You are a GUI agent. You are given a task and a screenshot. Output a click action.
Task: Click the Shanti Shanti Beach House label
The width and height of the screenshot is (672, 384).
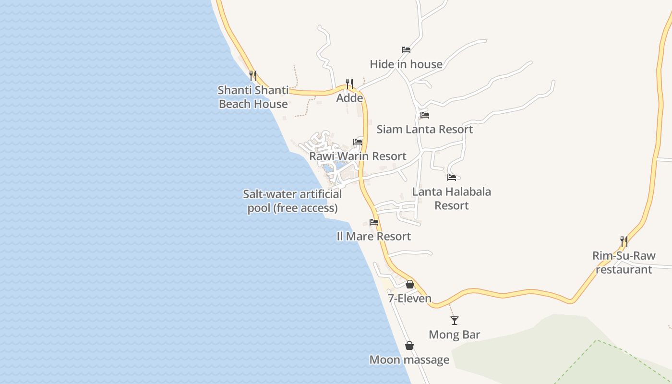click(253, 97)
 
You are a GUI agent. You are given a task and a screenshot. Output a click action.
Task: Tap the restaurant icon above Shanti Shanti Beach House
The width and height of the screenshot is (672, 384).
click(253, 75)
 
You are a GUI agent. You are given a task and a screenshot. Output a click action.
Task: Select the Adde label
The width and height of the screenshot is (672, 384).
click(349, 98)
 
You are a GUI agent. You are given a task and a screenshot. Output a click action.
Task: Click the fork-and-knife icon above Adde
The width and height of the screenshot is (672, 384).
click(349, 84)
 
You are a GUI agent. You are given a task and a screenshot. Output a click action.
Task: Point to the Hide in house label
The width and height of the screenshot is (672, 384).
click(406, 64)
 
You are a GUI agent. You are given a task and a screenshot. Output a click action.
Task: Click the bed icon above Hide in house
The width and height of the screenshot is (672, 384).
click(406, 50)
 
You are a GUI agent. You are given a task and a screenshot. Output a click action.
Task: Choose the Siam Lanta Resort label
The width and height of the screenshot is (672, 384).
click(425, 129)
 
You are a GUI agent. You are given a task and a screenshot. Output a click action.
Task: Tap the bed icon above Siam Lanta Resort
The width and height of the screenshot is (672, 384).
click(425, 115)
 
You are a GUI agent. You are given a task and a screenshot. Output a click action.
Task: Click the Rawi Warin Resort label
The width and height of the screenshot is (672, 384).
click(358, 156)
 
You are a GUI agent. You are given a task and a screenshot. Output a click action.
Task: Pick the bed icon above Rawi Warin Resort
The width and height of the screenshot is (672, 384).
click(358, 142)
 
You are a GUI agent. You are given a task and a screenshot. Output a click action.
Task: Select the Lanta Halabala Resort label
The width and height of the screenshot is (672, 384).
click(452, 198)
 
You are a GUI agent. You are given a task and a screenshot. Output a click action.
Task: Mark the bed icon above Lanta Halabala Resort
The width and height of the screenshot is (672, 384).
click(452, 178)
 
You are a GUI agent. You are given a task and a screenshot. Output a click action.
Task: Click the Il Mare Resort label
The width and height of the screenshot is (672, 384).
click(374, 236)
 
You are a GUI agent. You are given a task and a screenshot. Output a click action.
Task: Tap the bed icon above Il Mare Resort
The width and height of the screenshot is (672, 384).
click(374, 222)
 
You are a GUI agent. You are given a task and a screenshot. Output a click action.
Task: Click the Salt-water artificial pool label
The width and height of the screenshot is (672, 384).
click(292, 201)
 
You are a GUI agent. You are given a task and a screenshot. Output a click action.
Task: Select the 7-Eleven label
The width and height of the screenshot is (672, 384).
click(410, 299)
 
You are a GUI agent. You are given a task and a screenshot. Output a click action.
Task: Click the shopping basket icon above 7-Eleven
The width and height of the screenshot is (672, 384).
click(410, 284)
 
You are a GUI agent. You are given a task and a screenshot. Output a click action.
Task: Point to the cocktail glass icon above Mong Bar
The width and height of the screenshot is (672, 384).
click(455, 321)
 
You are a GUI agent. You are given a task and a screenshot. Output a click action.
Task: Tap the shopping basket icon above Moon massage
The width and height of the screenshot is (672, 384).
click(409, 346)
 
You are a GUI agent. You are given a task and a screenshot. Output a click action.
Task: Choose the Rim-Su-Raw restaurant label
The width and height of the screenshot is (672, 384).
click(624, 263)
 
